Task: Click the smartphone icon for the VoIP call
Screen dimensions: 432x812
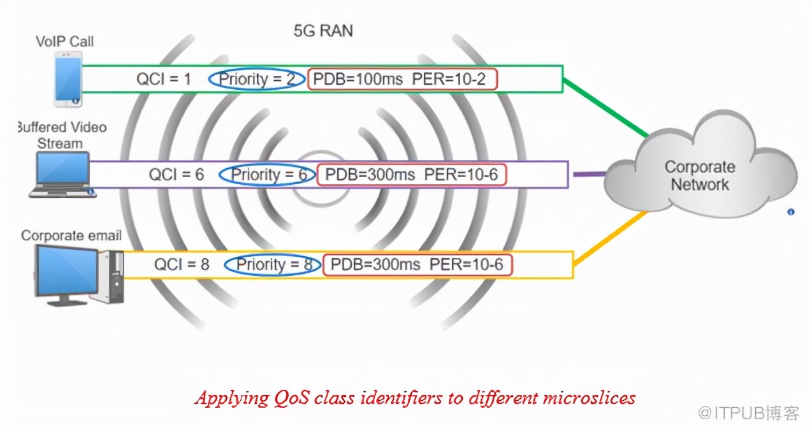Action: [x=68, y=79]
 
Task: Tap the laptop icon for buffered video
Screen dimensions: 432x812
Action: [x=62, y=173]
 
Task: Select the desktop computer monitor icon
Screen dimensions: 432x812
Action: [x=67, y=272]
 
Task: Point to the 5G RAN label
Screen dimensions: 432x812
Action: [x=323, y=30]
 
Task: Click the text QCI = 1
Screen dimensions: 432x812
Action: [x=164, y=79]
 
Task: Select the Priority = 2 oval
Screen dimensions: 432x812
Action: [x=256, y=79]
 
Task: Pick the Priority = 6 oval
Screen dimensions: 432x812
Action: [x=267, y=175]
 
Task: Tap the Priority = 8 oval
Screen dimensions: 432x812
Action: [x=272, y=265]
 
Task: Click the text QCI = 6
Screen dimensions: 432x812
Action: [x=177, y=175]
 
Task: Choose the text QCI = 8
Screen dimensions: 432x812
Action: [x=182, y=265]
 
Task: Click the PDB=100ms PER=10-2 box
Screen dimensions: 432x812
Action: [x=402, y=79]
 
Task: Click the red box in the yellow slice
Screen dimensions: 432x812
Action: [x=417, y=265]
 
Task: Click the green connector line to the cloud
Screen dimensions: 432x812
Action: [x=605, y=108]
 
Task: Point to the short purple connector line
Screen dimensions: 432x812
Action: [x=588, y=173]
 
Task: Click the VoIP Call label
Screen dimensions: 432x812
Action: [x=64, y=41]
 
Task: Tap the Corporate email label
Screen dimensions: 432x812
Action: [x=71, y=236]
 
